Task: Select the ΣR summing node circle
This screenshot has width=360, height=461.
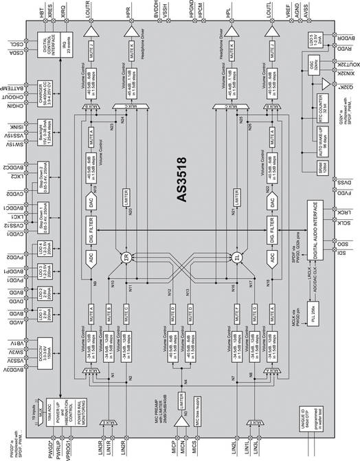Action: (x=126, y=259)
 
